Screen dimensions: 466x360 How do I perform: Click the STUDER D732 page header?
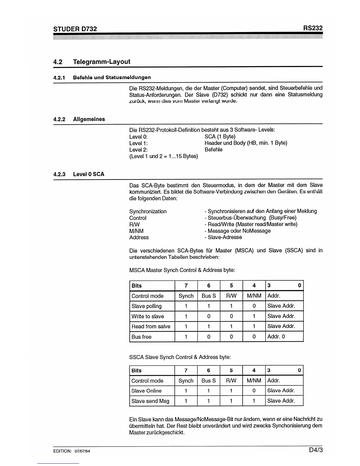(x=75, y=29)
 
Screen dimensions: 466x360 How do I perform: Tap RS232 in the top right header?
(x=313, y=28)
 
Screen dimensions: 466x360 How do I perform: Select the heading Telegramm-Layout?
(x=101, y=62)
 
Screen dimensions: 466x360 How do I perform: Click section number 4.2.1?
(x=59, y=78)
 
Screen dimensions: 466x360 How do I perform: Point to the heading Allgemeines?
(x=89, y=119)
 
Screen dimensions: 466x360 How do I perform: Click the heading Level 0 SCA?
(x=89, y=174)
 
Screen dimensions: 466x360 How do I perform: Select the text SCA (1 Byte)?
(x=220, y=137)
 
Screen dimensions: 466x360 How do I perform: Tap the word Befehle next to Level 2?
(x=214, y=149)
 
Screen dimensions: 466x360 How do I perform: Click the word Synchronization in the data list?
(x=148, y=211)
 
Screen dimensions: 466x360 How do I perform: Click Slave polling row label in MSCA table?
(x=146, y=306)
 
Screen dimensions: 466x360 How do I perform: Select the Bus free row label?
(x=141, y=337)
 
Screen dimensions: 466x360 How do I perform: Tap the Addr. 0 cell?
(x=276, y=337)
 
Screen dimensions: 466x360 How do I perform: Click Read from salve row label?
(x=151, y=326)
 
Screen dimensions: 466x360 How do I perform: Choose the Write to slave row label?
(x=148, y=316)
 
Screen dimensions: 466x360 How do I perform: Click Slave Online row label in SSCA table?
(x=146, y=391)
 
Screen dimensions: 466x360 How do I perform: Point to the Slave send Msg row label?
(x=150, y=401)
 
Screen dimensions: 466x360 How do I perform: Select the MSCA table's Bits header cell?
(x=137, y=286)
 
